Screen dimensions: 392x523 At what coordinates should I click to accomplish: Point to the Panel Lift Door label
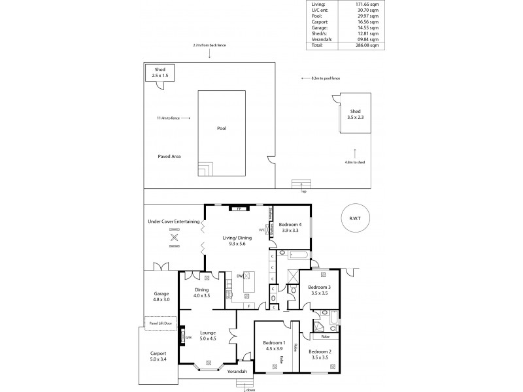tap(161, 323)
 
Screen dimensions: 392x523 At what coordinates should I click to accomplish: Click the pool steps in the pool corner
tap(206, 170)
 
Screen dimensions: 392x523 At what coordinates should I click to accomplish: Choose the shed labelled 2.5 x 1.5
tap(160, 73)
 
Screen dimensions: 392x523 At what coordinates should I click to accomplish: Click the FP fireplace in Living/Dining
tap(239, 208)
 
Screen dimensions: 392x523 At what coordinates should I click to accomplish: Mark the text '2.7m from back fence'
tap(209, 46)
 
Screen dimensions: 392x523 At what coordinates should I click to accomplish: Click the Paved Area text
tap(169, 157)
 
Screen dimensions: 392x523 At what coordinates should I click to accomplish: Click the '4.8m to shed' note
tap(355, 162)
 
